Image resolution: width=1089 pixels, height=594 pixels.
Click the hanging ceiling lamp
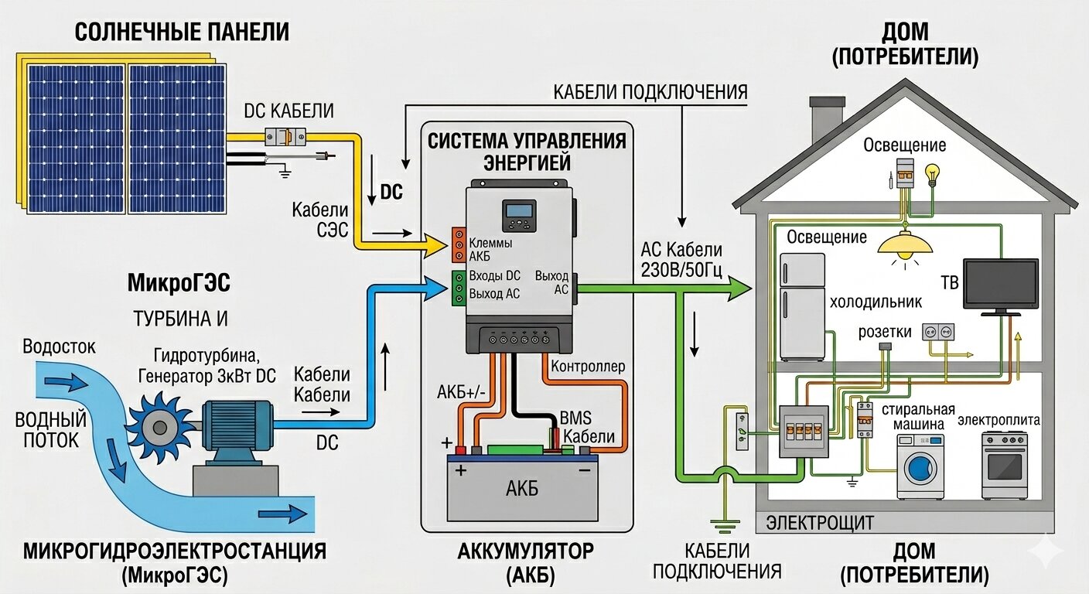coord(905,244)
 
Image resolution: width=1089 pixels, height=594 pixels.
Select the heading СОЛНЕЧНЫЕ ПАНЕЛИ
coord(182,32)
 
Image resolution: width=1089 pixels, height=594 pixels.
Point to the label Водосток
coord(60,346)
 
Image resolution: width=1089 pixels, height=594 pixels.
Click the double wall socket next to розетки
coord(936,332)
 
